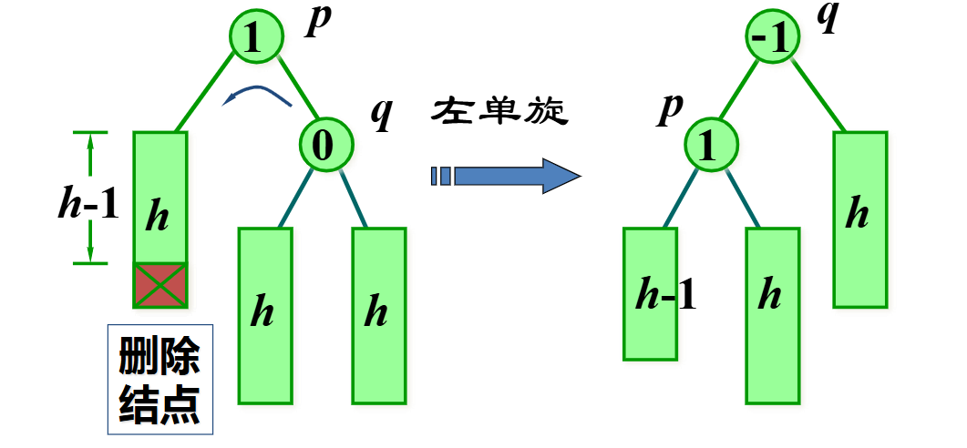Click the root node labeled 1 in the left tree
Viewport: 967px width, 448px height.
(x=252, y=36)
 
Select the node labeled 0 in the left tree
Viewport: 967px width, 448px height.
(x=324, y=144)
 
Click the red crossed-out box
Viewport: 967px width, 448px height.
(x=160, y=285)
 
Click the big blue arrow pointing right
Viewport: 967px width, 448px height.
(x=506, y=175)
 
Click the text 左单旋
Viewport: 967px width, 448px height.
(x=500, y=112)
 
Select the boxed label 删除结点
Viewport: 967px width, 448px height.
(x=159, y=379)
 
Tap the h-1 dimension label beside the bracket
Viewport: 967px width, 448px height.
(x=87, y=206)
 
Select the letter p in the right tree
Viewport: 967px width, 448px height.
(x=671, y=107)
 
